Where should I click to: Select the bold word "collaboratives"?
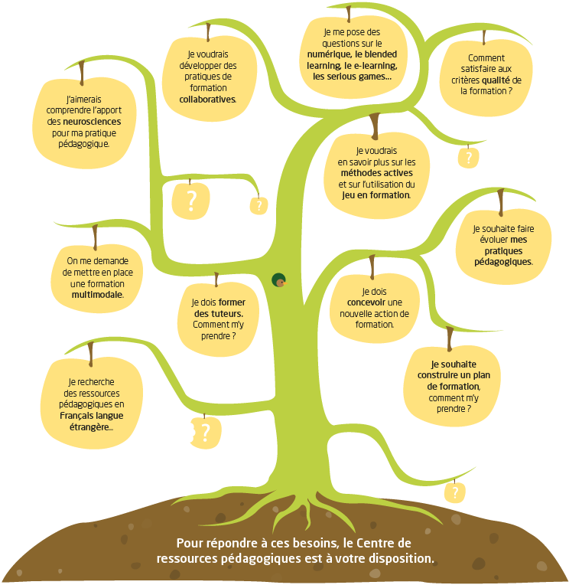point(203,99)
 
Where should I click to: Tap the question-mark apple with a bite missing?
point(204,432)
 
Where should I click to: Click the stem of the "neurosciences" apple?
point(81,70)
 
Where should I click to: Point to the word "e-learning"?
point(371,66)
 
